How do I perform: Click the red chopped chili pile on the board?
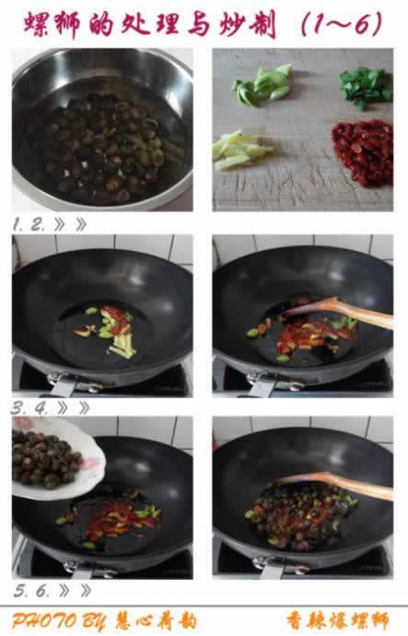363,152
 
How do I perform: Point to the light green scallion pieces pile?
262,85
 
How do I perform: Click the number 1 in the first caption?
17,224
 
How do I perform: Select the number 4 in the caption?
41,408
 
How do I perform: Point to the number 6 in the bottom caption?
41,591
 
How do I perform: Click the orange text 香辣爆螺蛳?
338,621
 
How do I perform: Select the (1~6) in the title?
342,24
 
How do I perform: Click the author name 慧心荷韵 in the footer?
156,621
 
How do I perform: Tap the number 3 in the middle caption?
17,408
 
